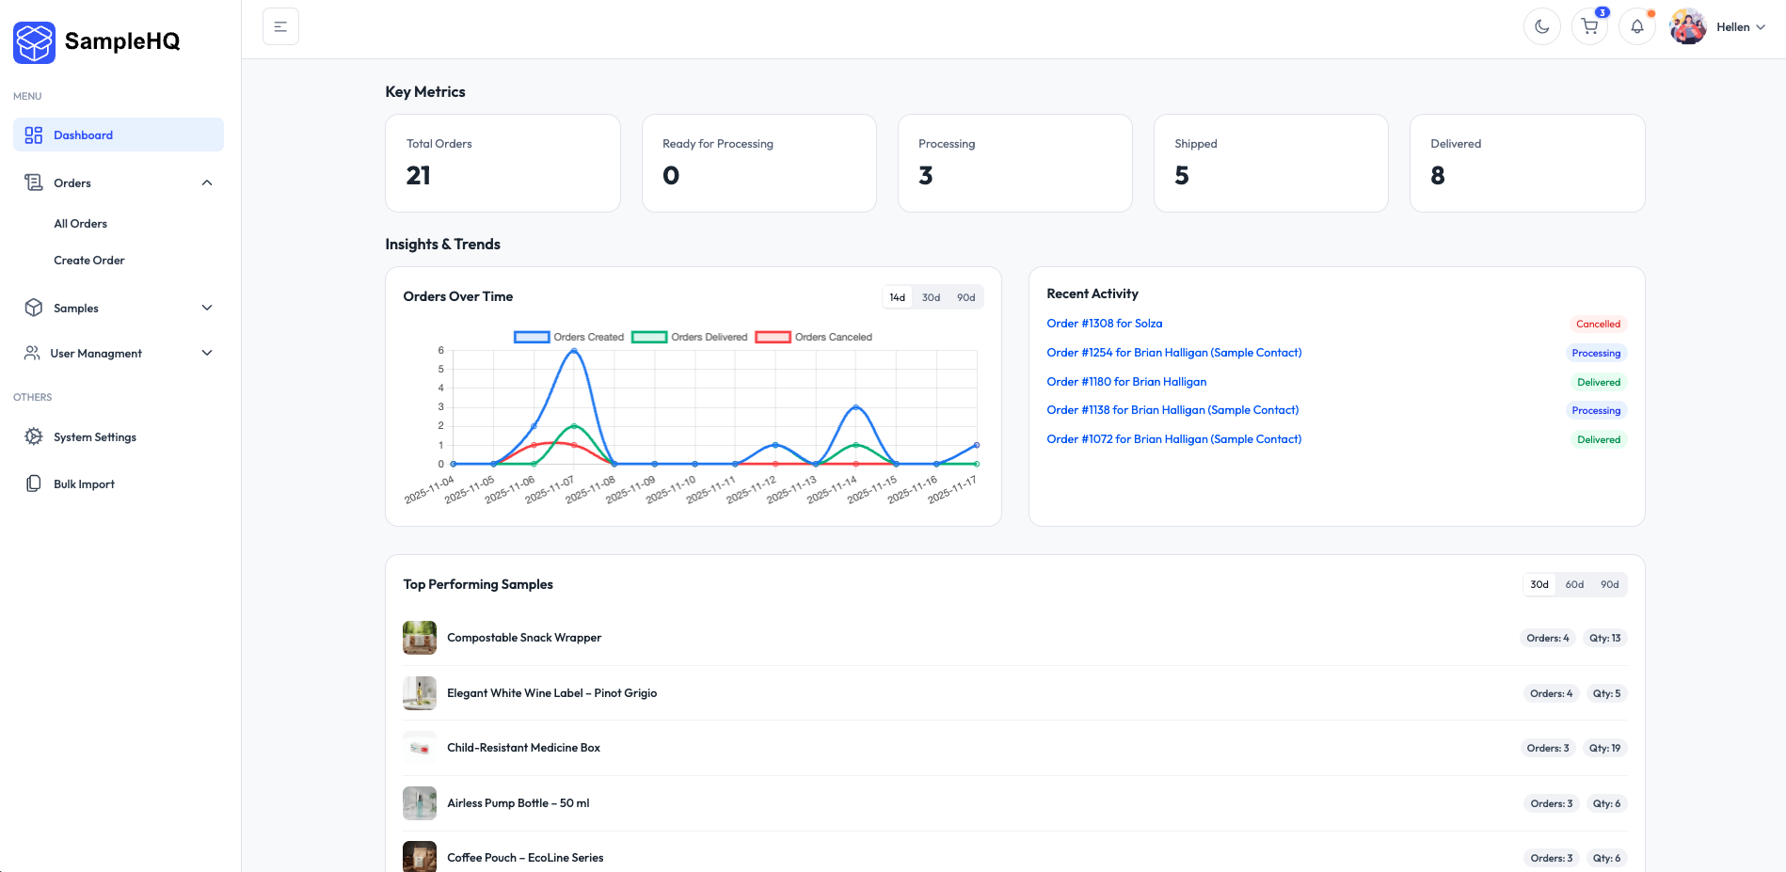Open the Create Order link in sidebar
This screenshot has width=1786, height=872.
pyautogui.click(x=88, y=261)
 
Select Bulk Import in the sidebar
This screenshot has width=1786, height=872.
pyautogui.click(x=84, y=484)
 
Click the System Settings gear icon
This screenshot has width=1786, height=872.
pyautogui.click(x=34, y=436)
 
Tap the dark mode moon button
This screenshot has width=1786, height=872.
pyautogui.click(x=1541, y=26)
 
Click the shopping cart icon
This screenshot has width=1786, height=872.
pyautogui.click(x=1589, y=26)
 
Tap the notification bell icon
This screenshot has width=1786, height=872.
pyautogui.click(x=1637, y=26)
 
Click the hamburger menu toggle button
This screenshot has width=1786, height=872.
pyautogui.click(x=280, y=26)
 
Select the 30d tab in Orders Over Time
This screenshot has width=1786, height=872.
pyautogui.click(x=931, y=297)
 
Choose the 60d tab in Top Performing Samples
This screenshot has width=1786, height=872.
pyautogui.click(x=1574, y=584)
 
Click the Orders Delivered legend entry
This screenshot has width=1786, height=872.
pyautogui.click(x=690, y=337)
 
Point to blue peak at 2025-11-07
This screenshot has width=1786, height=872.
pyautogui.click(x=574, y=351)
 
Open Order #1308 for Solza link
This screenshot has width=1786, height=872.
pyautogui.click(x=1104, y=324)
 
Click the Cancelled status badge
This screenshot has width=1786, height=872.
pyautogui.click(x=1598, y=324)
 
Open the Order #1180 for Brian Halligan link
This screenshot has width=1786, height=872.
pyautogui.click(x=1125, y=382)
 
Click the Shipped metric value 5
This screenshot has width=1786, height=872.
pyautogui.click(x=1182, y=176)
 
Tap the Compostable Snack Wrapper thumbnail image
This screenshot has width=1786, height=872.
pyautogui.click(x=420, y=638)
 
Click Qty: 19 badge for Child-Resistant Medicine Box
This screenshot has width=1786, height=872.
pyautogui.click(x=1604, y=749)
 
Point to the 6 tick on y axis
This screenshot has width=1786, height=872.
pyautogui.click(x=440, y=351)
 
